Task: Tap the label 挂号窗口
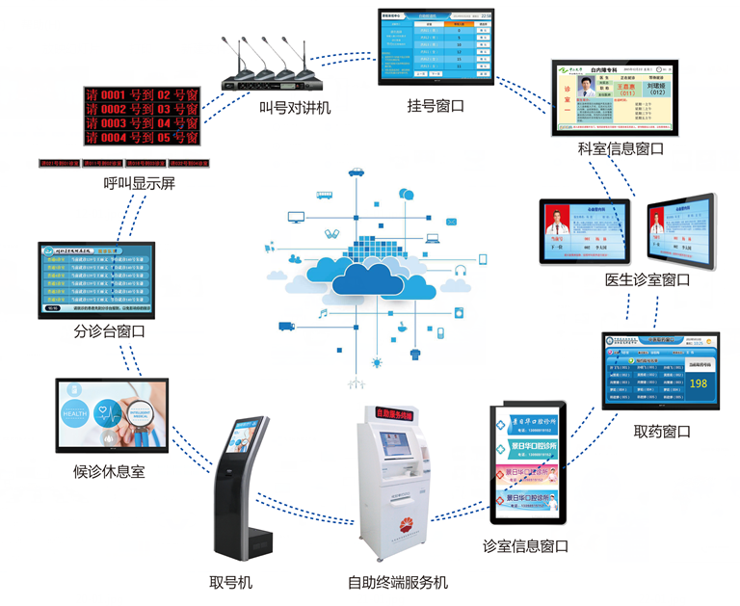(x=436, y=106)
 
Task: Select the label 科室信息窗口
(x=621, y=149)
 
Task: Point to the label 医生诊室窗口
(x=647, y=280)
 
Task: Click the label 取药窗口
(x=662, y=431)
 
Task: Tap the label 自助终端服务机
(x=398, y=583)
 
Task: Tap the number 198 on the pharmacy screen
(x=699, y=383)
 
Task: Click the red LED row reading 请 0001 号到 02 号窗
(x=142, y=95)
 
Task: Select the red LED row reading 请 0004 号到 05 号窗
(x=142, y=138)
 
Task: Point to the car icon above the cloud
(x=357, y=171)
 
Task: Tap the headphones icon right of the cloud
(x=461, y=271)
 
